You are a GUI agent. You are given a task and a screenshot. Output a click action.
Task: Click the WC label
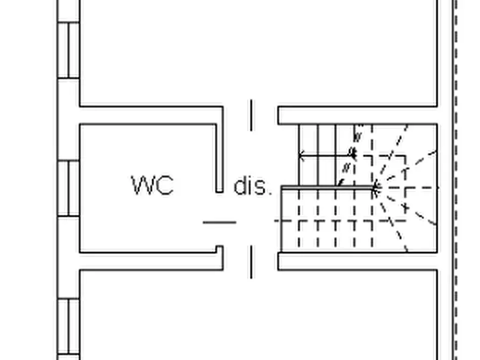[x=153, y=185]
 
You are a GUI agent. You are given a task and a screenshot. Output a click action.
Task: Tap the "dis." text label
[x=252, y=186]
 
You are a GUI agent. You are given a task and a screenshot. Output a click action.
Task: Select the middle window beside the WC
[x=69, y=188]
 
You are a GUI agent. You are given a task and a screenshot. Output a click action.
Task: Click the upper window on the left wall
[x=69, y=49]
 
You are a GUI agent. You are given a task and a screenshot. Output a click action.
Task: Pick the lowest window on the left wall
[x=69, y=328]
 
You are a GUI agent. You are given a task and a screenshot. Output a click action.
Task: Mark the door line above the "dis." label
[x=251, y=114]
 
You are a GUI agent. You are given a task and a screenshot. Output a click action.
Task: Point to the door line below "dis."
[x=251, y=262]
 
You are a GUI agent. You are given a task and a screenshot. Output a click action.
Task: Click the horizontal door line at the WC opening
[x=219, y=222]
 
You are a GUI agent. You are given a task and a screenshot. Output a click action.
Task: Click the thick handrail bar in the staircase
[x=328, y=188]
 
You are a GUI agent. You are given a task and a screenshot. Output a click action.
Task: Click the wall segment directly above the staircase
[x=357, y=116]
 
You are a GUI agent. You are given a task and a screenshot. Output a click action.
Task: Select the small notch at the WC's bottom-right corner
[x=219, y=249]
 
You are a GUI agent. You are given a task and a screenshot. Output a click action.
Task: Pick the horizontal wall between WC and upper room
[x=151, y=115]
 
